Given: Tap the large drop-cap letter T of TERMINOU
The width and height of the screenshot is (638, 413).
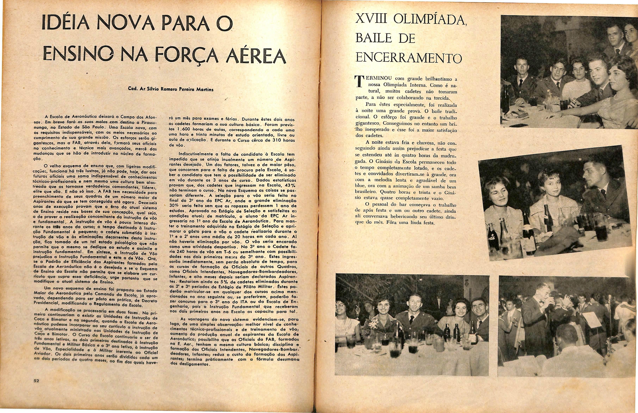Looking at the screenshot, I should click(x=358, y=82).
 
